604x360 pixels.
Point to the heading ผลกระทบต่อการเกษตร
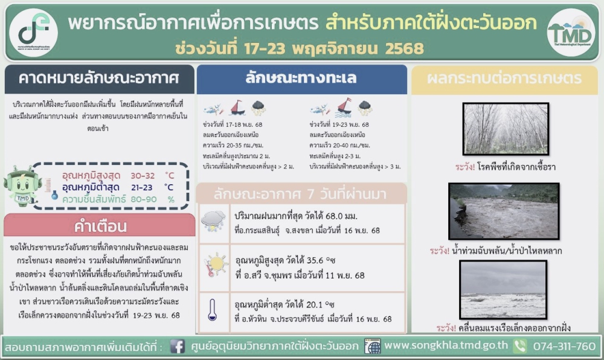504,79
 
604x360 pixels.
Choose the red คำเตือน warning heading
100,227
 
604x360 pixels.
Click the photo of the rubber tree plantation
505,129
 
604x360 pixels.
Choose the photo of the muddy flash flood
504,210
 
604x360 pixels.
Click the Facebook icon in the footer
178,347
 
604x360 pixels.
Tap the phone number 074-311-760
564,347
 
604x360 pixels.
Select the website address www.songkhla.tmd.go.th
446,346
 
